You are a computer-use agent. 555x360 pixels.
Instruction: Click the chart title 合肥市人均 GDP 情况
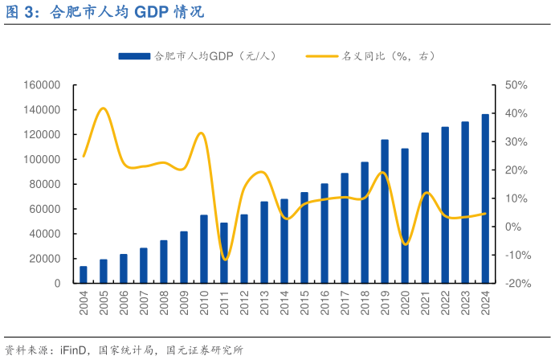104,12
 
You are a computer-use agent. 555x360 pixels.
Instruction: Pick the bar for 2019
385,211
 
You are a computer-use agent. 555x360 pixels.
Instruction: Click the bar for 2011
224,252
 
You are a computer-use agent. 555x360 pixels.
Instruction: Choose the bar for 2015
304,237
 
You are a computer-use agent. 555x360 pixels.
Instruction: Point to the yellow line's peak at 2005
103,108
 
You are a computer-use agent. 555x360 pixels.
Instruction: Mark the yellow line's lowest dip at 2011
225,260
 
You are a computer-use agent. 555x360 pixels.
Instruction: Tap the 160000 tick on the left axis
43,85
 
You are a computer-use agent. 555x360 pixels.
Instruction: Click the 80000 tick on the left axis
45,184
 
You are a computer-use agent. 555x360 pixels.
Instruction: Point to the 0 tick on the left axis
57,283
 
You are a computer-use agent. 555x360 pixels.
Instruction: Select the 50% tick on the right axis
516,85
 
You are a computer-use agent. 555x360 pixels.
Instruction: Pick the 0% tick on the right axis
513,227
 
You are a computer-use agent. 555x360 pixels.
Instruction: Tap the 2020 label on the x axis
405,304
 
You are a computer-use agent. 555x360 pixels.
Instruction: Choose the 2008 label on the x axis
164,304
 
